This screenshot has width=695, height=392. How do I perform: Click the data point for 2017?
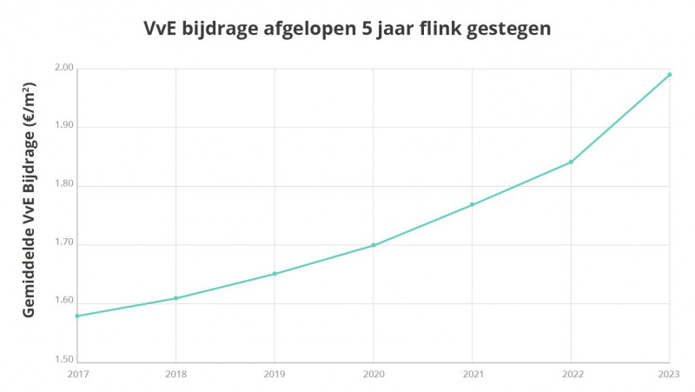(x=77, y=316)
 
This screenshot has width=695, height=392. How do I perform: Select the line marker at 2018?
(x=176, y=298)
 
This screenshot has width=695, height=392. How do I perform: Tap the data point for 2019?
(x=275, y=274)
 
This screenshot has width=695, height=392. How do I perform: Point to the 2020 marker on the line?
(x=374, y=245)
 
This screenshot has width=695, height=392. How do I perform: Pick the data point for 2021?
(x=472, y=204)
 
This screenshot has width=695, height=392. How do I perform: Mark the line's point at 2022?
(x=571, y=162)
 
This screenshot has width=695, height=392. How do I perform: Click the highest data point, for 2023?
(x=670, y=75)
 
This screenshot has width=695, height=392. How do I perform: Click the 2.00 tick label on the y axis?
(x=64, y=69)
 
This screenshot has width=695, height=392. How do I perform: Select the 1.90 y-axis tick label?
(x=64, y=127)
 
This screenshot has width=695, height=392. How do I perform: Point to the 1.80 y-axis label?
(x=64, y=186)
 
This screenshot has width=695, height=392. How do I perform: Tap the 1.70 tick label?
(x=64, y=245)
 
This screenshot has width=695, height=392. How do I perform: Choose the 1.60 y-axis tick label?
(x=64, y=303)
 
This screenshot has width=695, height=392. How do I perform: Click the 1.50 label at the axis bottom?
(x=64, y=362)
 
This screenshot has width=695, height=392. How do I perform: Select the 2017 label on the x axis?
(x=77, y=375)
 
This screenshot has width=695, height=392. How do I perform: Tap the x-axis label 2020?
(x=374, y=375)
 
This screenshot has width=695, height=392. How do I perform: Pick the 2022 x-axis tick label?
(x=571, y=375)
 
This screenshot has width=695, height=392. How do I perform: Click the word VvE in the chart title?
(x=162, y=29)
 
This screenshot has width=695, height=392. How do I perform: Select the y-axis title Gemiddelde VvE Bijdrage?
(x=30, y=200)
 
